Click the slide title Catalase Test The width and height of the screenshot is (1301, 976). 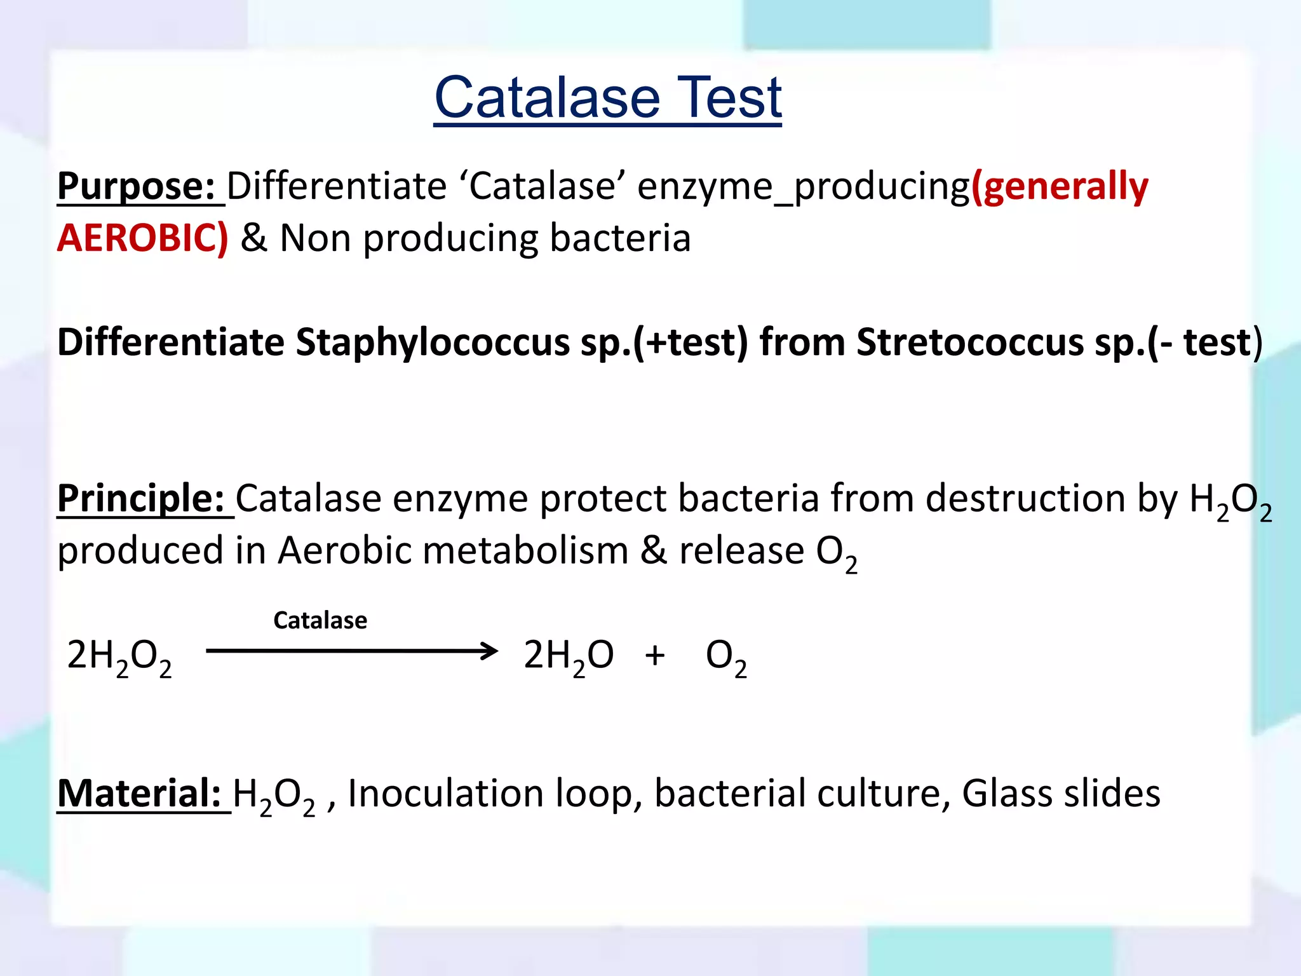click(x=607, y=98)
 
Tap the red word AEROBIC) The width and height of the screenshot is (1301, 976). click(x=142, y=238)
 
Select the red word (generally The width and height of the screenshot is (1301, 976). click(x=1060, y=187)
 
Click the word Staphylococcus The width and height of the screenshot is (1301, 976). click(x=432, y=342)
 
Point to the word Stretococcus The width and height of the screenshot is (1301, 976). click(x=969, y=342)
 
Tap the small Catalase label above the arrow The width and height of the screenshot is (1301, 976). click(x=320, y=620)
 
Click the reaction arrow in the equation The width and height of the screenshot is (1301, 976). click(x=352, y=651)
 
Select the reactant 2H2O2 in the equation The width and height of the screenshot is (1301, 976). click(x=119, y=656)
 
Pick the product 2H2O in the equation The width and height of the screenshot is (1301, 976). click(x=569, y=656)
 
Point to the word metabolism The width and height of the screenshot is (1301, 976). click(x=525, y=550)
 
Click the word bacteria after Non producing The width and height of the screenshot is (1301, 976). click(x=620, y=238)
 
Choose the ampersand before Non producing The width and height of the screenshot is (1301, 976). click(x=254, y=238)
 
